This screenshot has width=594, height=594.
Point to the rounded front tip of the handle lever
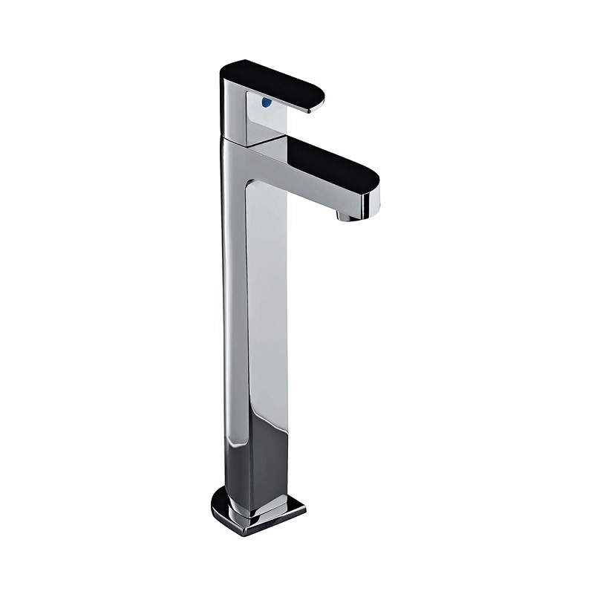pos(322,100)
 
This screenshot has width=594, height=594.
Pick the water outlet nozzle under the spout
pos(347,215)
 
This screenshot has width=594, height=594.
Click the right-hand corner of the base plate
pos(304,507)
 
